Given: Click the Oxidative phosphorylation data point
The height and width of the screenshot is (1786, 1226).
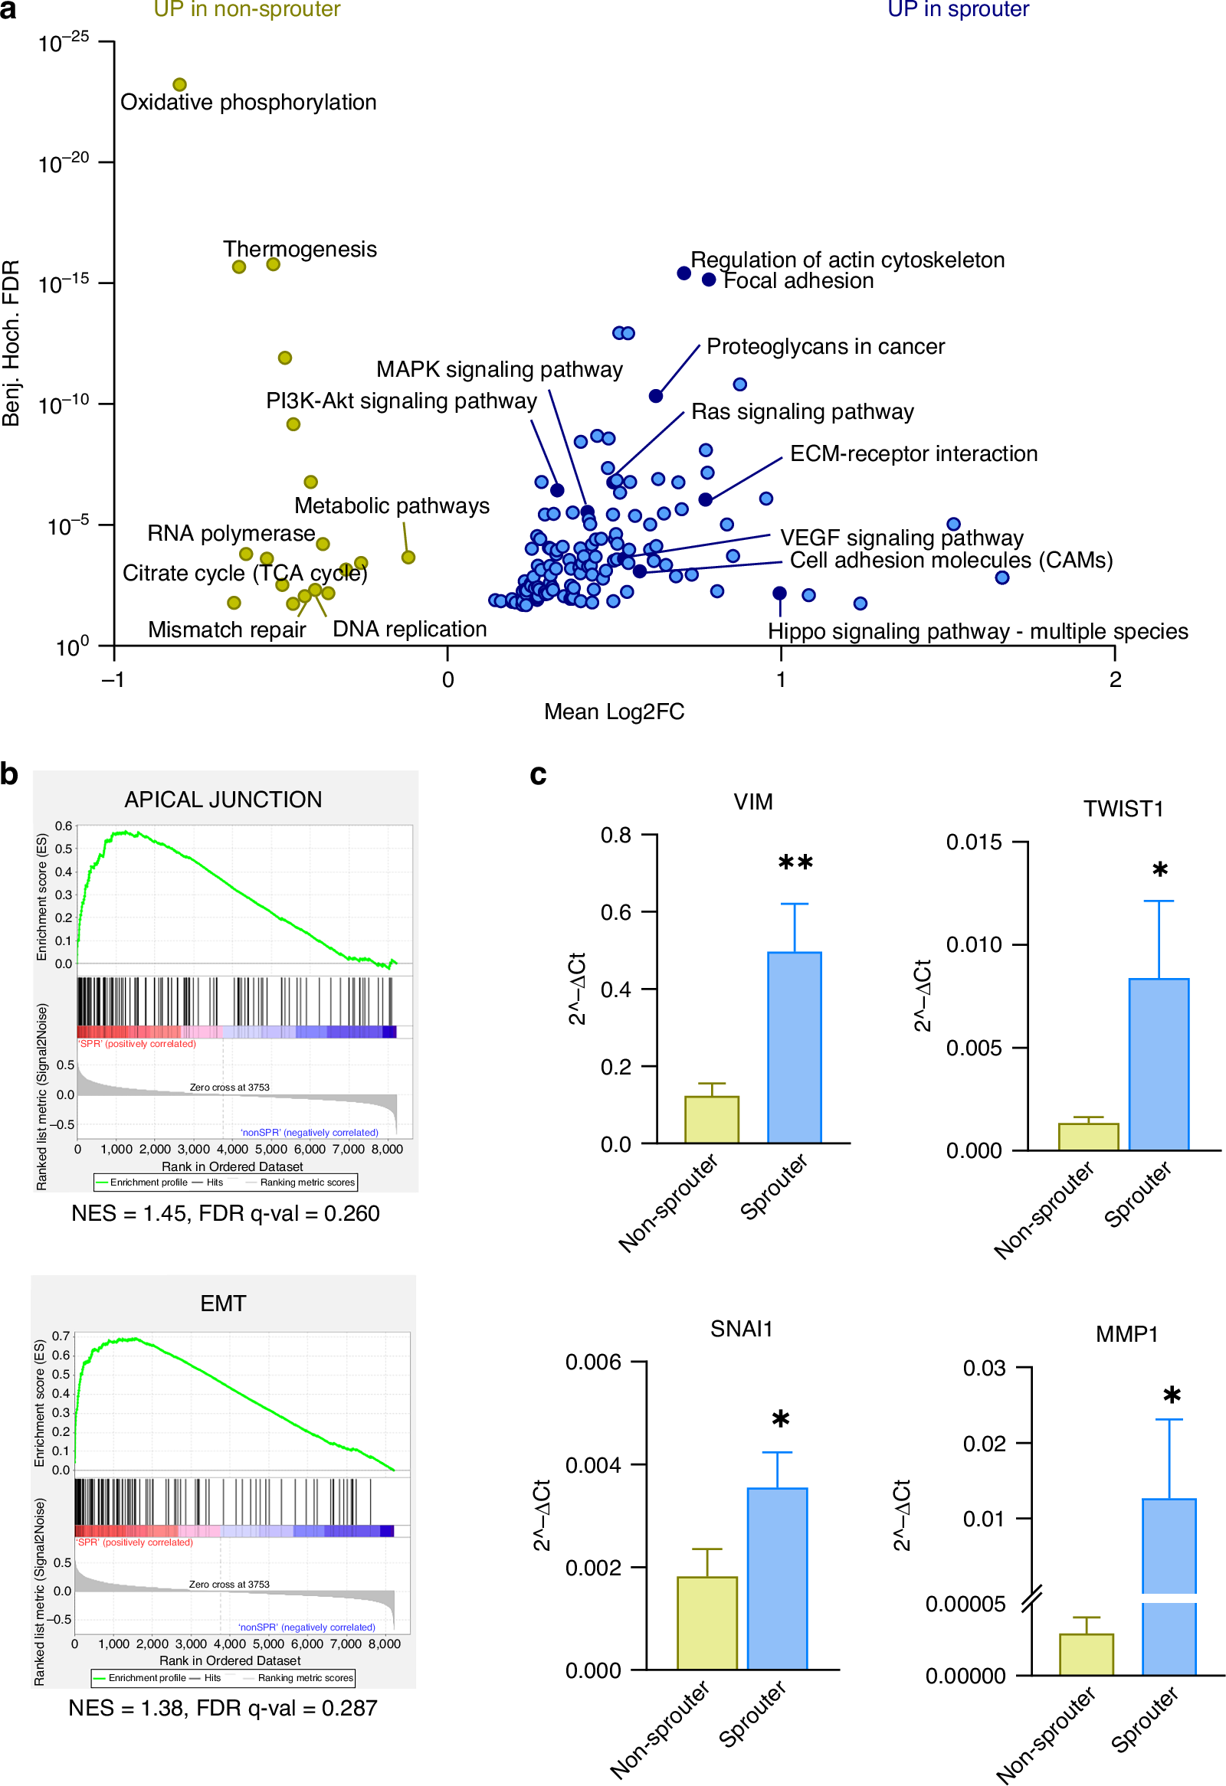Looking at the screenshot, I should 179,84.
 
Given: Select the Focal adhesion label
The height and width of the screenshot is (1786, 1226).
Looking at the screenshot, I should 798,281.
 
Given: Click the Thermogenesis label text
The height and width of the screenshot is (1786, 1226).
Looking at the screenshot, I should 300,249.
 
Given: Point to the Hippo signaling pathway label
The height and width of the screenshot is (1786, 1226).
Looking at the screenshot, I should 977,632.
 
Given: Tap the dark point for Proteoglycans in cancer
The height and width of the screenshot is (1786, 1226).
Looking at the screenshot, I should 656,396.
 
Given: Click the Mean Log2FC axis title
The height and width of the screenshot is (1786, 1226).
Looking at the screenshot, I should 614,711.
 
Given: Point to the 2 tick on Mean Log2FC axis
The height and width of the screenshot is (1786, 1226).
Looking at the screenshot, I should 1115,679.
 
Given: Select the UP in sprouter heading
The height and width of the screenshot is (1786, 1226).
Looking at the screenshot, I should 958,9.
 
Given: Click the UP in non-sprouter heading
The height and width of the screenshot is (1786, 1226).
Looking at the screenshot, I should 247,9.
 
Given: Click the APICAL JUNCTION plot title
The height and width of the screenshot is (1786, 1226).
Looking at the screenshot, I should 223,800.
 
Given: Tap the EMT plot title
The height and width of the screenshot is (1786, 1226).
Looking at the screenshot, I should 223,1304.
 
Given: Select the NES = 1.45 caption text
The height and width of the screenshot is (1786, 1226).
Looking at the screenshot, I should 225,1213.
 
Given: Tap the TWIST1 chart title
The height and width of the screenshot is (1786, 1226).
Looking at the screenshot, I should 1123,809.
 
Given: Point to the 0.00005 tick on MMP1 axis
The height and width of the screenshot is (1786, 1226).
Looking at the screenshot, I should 965,1604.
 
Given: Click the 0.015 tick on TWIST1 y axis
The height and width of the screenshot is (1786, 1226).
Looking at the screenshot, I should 973,842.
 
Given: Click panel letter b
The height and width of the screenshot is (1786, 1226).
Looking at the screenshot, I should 9,774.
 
